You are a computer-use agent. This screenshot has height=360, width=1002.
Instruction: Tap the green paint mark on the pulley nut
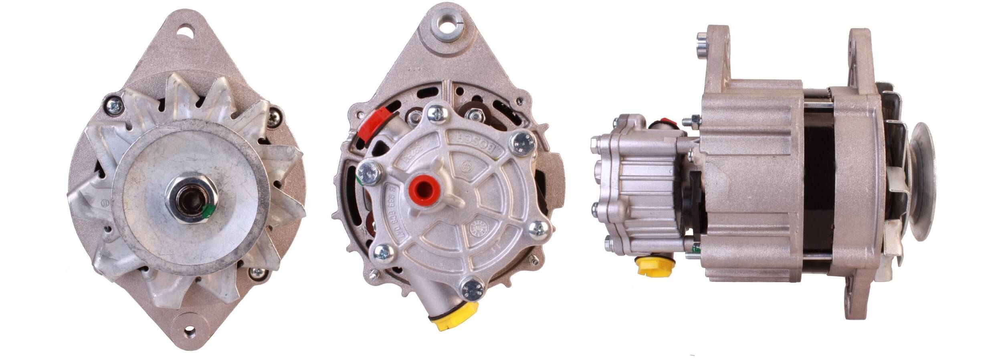pos(208,211)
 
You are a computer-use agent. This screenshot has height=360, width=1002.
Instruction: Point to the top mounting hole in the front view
pos(186,30)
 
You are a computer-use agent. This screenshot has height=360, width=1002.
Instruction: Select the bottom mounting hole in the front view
pos(190,332)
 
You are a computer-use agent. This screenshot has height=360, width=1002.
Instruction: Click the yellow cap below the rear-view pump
pos(456,316)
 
